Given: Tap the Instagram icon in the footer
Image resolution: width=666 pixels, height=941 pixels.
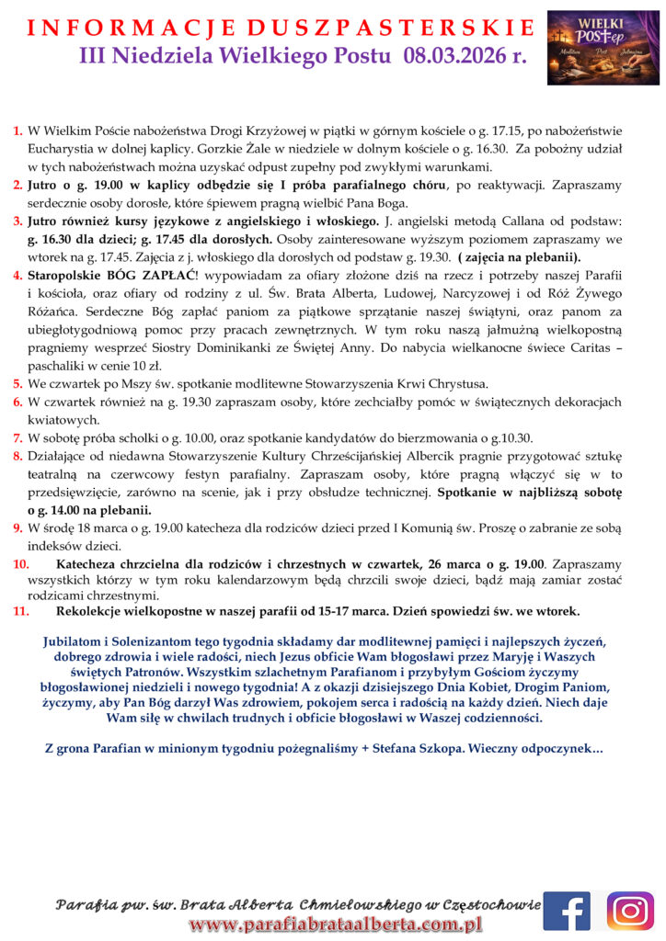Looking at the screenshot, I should (x=631, y=911).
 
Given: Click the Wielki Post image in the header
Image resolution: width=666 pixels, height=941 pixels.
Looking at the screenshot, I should (x=603, y=48).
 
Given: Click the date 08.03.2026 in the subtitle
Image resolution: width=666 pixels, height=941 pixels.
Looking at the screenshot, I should (x=454, y=57).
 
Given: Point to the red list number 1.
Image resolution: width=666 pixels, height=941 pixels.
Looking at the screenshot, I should (x=17, y=132).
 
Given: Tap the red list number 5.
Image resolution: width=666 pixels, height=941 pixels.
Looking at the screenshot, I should (x=17, y=383).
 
